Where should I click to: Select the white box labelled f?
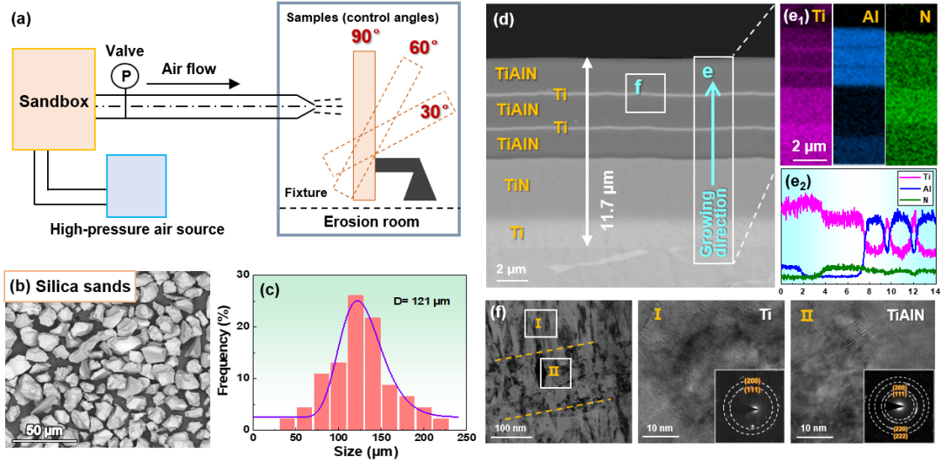pos(645,92)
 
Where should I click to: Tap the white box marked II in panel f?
pos(554,372)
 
